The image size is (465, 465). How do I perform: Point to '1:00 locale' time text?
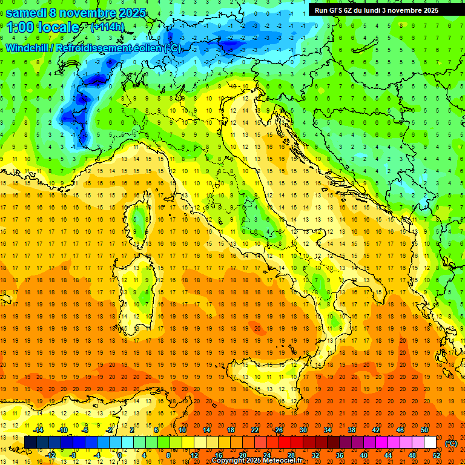[x=42, y=27]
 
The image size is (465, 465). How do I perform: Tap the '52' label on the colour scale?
[x=437, y=455]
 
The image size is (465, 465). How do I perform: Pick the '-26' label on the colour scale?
[x=279, y=430]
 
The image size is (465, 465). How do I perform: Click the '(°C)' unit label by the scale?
[x=451, y=443]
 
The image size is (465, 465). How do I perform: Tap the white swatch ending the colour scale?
[x=430, y=443]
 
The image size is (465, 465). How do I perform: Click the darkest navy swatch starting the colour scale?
[x=30, y=443]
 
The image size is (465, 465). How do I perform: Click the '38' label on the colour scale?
[x=351, y=430]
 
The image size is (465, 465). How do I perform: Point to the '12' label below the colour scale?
[x=194, y=455]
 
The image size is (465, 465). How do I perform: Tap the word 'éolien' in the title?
[x=144, y=48]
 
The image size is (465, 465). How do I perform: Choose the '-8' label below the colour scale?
[x=73, y=455]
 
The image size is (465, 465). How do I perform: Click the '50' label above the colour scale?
[x=424, y=430]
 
